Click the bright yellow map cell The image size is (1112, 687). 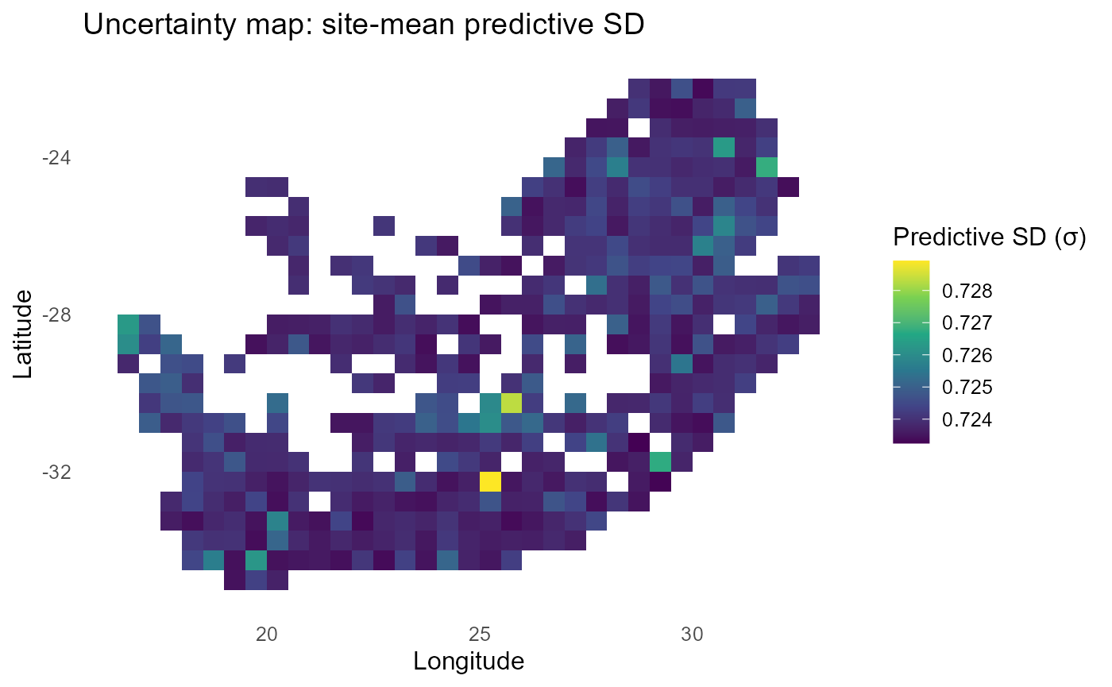[490, 481]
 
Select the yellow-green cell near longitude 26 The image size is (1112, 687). [512, 403]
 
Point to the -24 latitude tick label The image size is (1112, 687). [56, 158]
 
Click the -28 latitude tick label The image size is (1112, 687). [56, 315]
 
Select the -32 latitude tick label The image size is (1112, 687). [56, 473]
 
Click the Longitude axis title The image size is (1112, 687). [468, 661]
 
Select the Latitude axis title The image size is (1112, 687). [23, 334]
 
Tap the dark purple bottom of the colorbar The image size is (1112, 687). [910, 438]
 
